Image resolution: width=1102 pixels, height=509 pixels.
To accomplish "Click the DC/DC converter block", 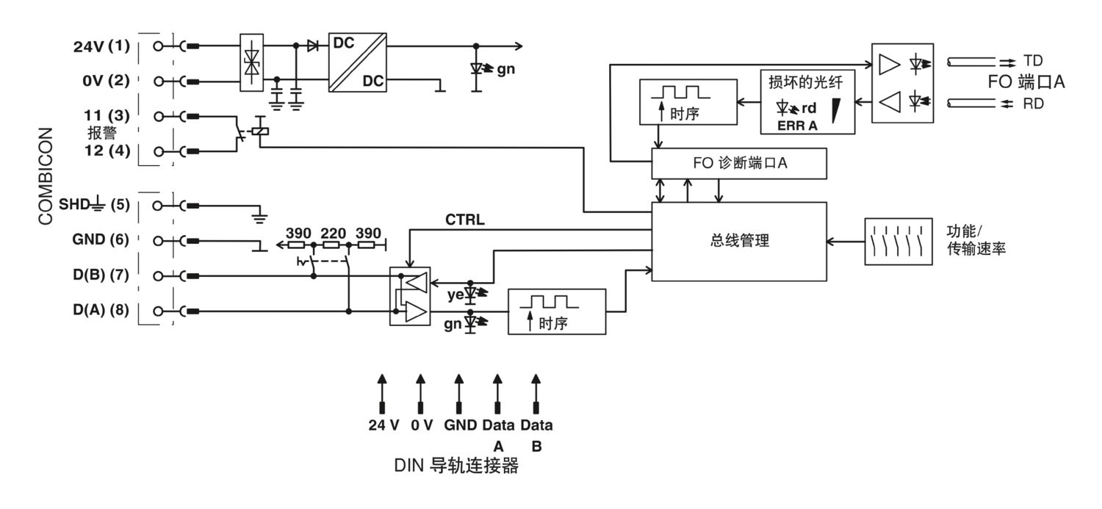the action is pos(358,62).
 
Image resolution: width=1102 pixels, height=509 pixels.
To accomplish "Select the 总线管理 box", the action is pos(739,242).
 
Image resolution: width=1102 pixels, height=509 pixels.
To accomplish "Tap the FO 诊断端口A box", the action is pos(739,163).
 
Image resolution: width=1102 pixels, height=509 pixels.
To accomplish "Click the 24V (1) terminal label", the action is pos(102,46).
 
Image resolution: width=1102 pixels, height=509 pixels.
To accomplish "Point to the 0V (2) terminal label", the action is pos(107,81).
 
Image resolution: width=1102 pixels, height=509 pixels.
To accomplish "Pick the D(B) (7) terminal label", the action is pos(101,275).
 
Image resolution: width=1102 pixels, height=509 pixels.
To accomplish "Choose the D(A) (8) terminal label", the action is pos(101,310).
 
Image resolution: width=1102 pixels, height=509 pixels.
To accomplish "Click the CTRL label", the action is pos(465,220).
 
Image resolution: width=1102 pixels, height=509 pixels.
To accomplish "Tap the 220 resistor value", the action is pos(334,233).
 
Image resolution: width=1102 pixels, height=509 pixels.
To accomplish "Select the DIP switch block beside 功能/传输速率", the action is pos(898,242).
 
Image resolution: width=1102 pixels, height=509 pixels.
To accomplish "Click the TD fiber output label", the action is pos(1033,60).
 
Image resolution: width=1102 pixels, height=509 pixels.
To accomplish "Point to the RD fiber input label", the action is pos(1034,104).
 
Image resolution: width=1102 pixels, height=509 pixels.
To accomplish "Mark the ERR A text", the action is pos(797,126).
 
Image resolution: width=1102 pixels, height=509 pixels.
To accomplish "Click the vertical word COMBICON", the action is pos(46,176).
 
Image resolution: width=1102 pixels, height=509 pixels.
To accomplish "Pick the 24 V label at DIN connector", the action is pos(383,425).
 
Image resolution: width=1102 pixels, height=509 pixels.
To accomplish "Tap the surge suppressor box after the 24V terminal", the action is pos(251,62).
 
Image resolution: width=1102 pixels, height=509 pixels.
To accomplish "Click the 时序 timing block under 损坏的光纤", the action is pos(688,102).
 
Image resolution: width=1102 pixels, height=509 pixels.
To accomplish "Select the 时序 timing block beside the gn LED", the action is pos(557,312).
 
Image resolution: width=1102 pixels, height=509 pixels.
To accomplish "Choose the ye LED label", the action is pos(455,295).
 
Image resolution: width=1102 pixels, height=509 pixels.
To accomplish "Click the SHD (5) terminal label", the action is pos(95,204).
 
